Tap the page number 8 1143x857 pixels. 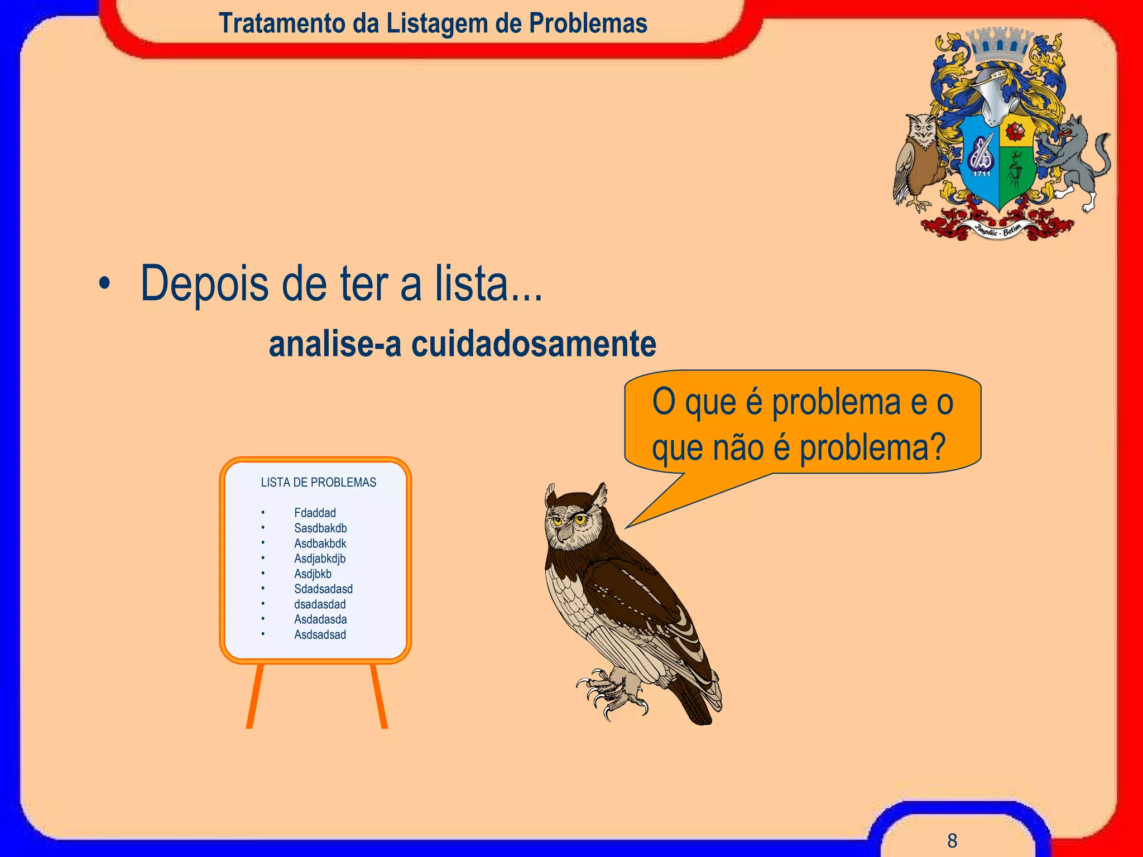952,840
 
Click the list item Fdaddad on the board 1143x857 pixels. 315,513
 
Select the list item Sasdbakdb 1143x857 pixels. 320,528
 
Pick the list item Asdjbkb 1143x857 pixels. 313,574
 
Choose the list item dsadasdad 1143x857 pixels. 320,604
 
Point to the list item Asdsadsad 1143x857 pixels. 320,634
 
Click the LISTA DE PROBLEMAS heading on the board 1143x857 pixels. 318,482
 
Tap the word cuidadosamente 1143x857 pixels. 534,344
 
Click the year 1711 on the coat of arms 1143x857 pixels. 982,174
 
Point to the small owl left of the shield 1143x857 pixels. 919,159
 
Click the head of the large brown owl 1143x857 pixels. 575,519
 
